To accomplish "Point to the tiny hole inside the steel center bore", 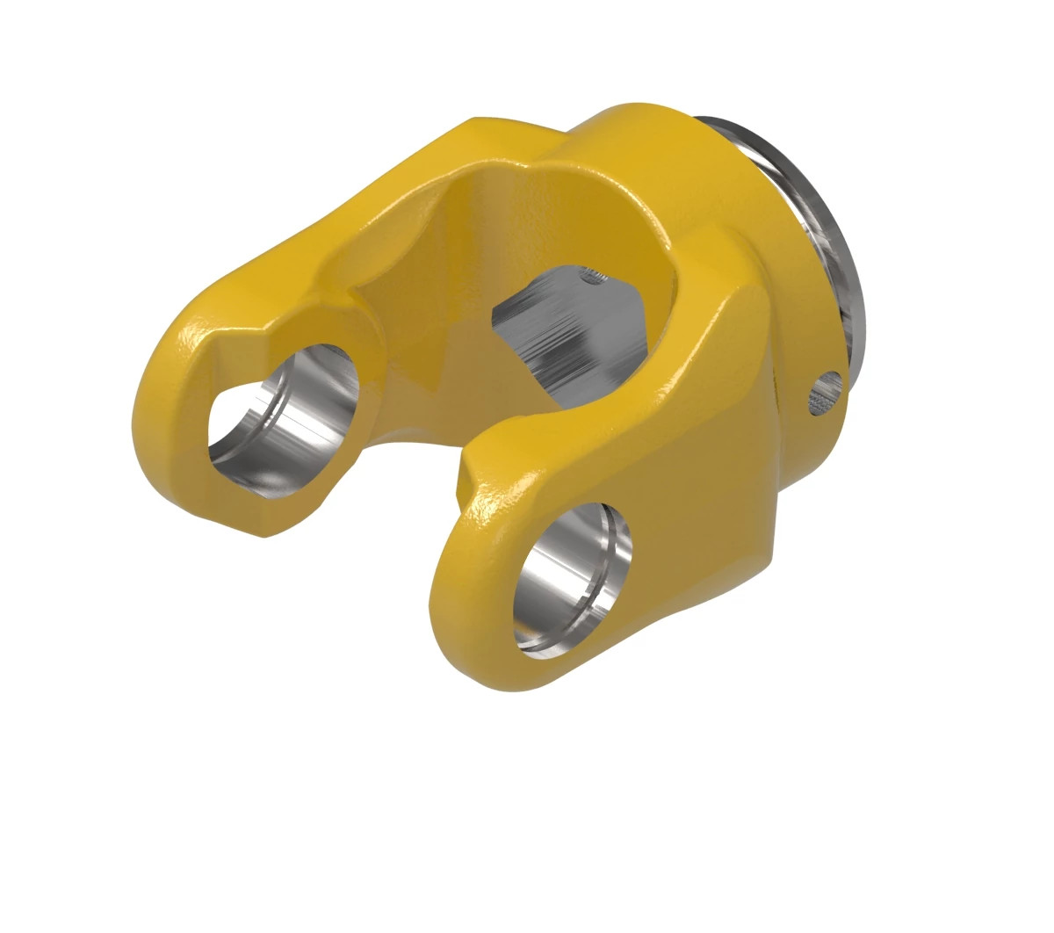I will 594,279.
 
